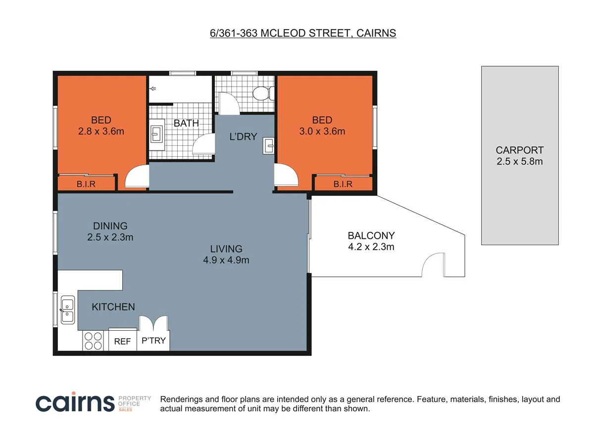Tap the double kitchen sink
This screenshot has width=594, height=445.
(x=68, y=310)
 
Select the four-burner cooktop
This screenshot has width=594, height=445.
(x=93, y=341)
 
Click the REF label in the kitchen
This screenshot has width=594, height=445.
(x=122, y=341)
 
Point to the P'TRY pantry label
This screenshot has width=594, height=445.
(x=153, y=341)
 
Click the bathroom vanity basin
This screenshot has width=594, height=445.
(x=157, y=134)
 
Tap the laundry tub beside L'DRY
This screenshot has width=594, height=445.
(x=268, y=146)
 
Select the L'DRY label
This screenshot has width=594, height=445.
(x=243, y=136)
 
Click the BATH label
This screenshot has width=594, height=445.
(x=186, y=123)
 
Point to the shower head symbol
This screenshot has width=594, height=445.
(x=153, y=89)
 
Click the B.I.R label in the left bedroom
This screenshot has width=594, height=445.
(x=86, y=184)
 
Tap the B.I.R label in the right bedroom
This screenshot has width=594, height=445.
(x=343, y=184)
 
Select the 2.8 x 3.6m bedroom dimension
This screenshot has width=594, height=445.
(x=101, y=132)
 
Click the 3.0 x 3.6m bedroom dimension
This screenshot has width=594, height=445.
(x=322, y=132)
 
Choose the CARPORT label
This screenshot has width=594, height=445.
(x=520, y=150)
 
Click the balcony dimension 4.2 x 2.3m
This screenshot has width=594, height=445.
(x=371, y=247)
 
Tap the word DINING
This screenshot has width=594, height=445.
(x=110, y=226)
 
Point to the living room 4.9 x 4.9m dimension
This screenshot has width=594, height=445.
(x=226, y=260)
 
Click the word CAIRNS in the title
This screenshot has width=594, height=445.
(x=376, y=33)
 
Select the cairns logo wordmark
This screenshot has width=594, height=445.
(x=75, y=402)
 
